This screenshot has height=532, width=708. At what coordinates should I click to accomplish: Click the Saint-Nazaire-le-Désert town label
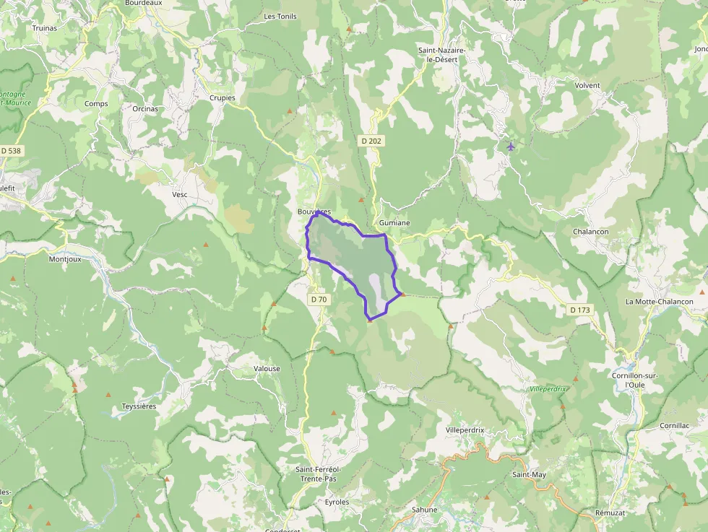pos(441,55)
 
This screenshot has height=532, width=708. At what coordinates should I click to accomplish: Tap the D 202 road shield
pos(371,141)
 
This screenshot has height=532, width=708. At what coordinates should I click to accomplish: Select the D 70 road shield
pos(319,299)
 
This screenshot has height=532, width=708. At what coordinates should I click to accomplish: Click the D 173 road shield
pos(579,310)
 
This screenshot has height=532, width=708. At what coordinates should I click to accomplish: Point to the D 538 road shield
pos(11,151)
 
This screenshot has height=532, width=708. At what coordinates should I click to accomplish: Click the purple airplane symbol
pos(511,147)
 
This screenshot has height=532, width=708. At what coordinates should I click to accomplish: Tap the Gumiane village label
pos(394,223)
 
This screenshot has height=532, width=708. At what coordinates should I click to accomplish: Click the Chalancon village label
pos(590,232)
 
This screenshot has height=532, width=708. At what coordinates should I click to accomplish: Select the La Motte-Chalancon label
pos(659,302)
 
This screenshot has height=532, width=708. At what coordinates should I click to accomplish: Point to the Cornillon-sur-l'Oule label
pos(633,380)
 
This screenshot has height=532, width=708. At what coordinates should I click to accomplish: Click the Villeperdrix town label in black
pos(465,429)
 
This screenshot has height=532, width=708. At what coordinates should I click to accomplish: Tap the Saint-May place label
pos(529,474)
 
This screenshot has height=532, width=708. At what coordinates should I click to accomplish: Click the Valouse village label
pos(267,369)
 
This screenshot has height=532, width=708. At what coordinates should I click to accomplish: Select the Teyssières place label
pos(139,406)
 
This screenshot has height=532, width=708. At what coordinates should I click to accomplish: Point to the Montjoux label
pos(66,259)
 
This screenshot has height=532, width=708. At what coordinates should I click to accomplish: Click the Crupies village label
pos(222,98)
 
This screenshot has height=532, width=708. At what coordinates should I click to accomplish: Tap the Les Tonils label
pos(280,16)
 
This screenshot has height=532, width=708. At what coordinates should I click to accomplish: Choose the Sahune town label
pos(424,510)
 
